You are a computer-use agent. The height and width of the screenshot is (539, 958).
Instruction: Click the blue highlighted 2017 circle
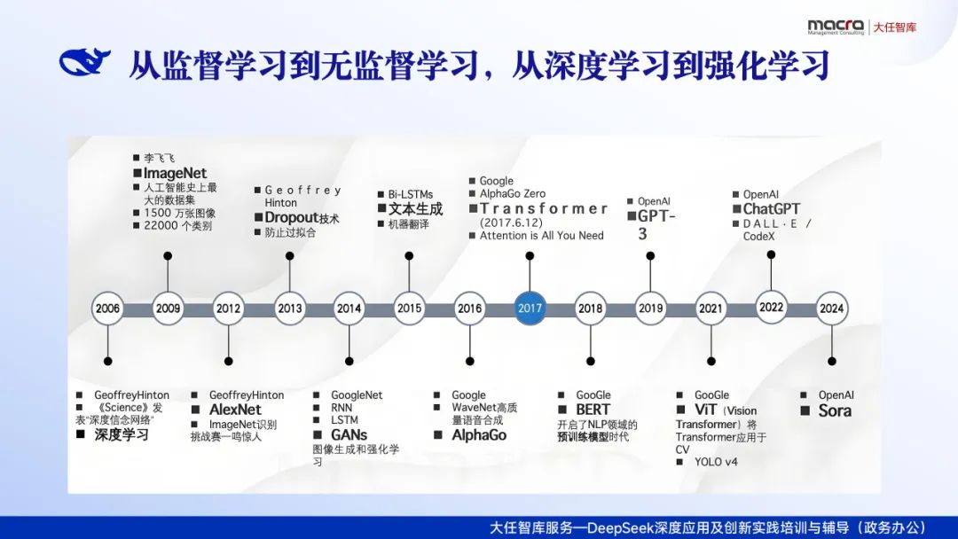coord(530,309)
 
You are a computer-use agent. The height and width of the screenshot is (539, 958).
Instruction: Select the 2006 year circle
coord(107,309)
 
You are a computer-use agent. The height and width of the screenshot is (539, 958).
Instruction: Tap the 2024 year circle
coord(831,309)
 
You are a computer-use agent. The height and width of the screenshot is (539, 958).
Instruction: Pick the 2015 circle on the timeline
coord(409,309)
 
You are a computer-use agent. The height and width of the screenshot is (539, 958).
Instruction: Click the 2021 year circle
coord(711,309)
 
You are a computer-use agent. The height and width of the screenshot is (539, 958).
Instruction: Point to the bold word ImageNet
coord(175,174)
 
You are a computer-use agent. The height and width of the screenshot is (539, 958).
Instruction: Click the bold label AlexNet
coord(235,410)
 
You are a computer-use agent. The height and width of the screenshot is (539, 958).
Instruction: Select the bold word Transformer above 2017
coord(544,209)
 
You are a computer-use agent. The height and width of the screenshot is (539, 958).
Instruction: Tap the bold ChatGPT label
coord(771,209)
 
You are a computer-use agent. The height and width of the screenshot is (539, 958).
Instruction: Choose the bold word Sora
coord(835,410)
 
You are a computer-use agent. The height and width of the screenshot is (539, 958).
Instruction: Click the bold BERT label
coord(593,410)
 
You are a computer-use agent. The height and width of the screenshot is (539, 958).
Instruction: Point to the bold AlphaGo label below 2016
coord(479,435)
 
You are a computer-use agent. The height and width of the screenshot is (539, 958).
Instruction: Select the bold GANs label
coord(349,435)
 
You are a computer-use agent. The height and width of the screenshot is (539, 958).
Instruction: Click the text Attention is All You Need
coord(541,236)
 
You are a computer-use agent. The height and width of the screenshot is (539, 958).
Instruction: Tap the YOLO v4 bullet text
coord(716,462)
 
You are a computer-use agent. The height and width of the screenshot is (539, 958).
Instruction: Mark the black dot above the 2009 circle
coord(168,256)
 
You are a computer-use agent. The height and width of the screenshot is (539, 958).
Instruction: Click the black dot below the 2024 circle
coord(831,361)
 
